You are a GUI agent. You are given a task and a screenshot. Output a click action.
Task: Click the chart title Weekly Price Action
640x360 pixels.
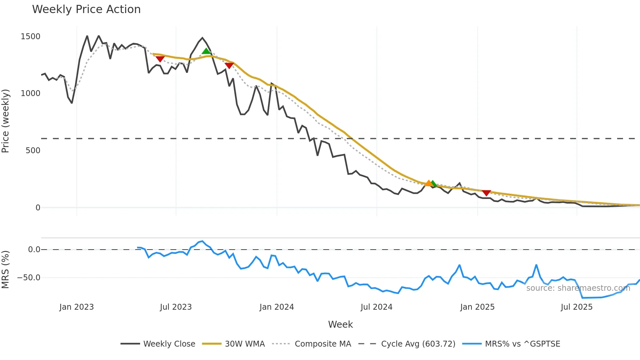pyautogui.click(x=86, y=9)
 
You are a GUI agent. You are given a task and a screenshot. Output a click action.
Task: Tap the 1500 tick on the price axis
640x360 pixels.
pyautogui.click(x=30, y=36)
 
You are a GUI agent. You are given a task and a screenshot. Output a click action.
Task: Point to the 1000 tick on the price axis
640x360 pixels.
pyautogui.click(x=30, y=93)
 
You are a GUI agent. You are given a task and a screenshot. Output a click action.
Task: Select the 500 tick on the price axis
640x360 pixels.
pyautogui.click(x=33, y=150)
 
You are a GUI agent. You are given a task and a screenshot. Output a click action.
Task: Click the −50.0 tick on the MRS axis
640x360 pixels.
pyautogui.click(x=29, y=278)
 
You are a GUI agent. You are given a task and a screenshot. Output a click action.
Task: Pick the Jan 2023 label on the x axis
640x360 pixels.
pyautogui.click(x=76, y=307)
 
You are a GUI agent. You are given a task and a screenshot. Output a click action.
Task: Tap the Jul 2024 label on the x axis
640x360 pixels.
pyautogui.click(x=376, y=307)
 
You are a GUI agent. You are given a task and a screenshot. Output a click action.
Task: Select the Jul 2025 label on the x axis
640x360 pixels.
pyautogui.click(x=577, y=307)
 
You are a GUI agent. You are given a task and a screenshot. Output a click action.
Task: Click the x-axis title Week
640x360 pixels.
pyautogui.click(x=340, y=324)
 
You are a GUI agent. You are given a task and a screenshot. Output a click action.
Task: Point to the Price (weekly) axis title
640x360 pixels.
pyautogui.click(x=6, y=121)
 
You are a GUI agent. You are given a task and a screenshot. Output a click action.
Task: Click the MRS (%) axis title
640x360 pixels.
pyautogui.click(x=6, y=270)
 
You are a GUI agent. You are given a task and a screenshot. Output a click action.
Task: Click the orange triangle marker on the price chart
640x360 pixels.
pyautogui.click(x=428, y=183)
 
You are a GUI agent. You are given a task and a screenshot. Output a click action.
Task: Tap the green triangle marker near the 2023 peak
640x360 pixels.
pyautogui.click(x=206, y=51)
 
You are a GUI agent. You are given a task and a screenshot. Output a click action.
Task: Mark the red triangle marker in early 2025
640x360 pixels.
pyautogui.click(x=486, y=193)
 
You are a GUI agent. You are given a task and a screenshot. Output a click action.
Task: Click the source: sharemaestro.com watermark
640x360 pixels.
pyautogui.click(x=578, y=288)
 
